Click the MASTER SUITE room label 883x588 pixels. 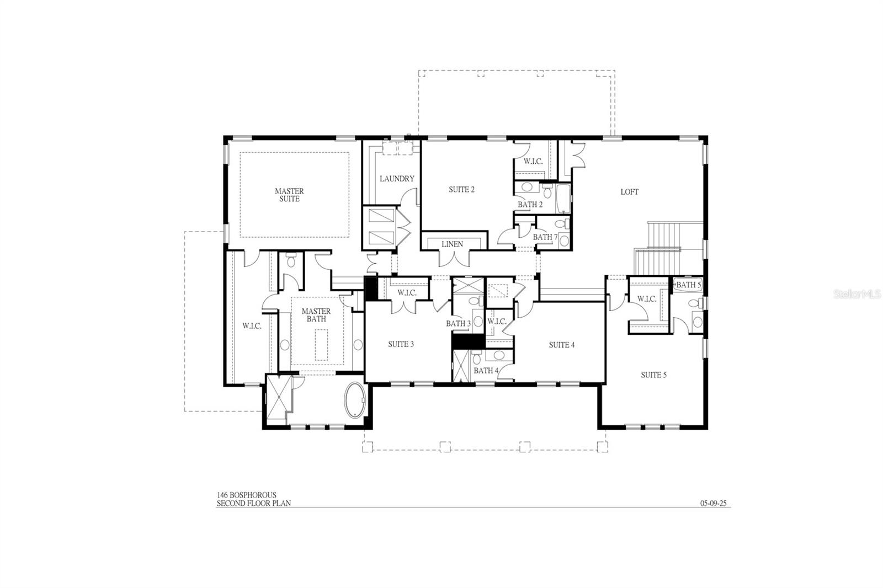(x=289, y=195)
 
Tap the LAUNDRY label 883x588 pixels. (x=397, y=179)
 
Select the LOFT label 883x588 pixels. (x=629, y=192)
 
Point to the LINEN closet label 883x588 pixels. (x=453, y=244)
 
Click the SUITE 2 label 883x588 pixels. (x=461, y=189)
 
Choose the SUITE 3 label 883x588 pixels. (x=401, y=344)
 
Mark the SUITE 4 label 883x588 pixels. (x=562, y=345)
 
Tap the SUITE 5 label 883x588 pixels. (x=653, y=375)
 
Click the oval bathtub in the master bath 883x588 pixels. (x=355, y=400)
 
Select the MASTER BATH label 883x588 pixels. (x=316, y=315)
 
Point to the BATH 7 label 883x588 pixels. (x=545, y=237)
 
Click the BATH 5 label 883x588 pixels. (x=688, y=285)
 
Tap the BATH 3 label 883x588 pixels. (x=458, y=323)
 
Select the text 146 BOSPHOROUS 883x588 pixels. (x=246, y=495)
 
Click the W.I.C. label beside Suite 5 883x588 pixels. (x=647, y=299)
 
